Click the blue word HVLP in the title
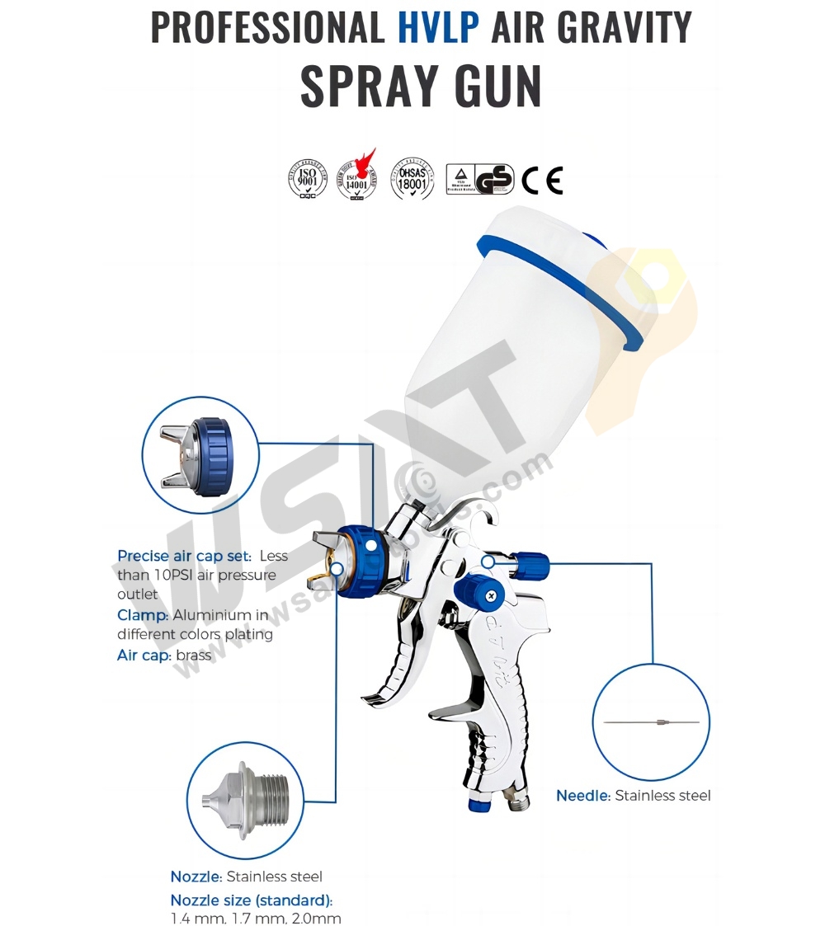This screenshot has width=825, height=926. click(438, 26)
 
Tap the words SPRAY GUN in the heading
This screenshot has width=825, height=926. click(421, 86)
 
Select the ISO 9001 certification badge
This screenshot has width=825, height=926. click(308, 180)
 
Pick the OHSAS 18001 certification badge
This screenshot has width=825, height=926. click(412, 179)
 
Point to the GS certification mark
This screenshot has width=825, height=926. click(493, 179)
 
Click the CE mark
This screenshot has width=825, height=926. click(542, 180)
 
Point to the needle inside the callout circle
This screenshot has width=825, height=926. click(652, 722)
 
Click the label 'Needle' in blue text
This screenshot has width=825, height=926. click(583, 796)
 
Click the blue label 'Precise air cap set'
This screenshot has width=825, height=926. click(184, 556)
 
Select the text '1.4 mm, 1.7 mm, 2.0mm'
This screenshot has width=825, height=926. click(256, 918)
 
